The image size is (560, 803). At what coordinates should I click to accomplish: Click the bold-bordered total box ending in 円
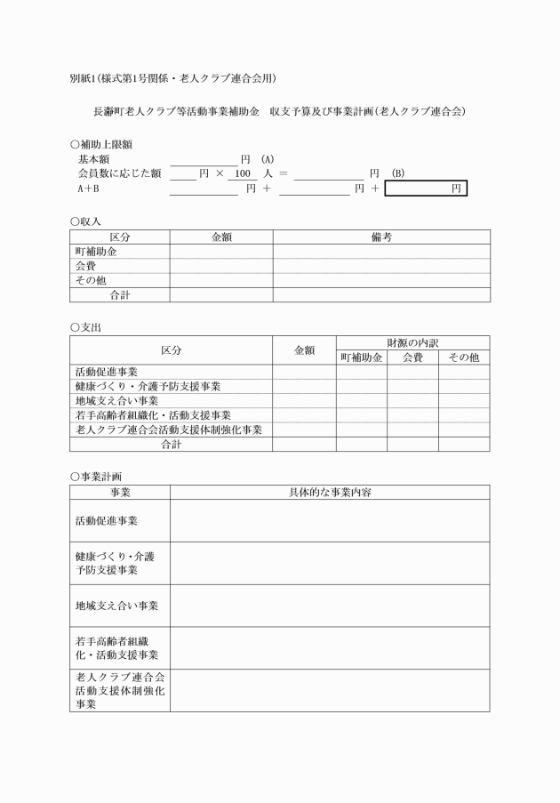pos(426,189)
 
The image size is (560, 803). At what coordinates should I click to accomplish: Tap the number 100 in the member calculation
pos(234,173)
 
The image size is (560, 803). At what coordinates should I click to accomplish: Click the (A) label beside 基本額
pos(268,158)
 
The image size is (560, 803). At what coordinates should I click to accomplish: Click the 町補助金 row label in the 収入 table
pos(96,252)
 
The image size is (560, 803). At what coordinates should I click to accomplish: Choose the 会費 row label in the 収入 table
pos(86,266)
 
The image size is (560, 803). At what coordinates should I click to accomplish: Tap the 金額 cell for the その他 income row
pos(220,281)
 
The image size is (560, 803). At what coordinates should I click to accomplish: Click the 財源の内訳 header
pos(412,342)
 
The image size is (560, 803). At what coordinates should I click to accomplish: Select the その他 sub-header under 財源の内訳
pos(463,357)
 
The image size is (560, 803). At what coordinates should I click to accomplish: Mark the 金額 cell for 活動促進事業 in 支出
pos(304,372)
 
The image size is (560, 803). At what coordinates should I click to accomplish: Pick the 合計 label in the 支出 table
pos(171,445)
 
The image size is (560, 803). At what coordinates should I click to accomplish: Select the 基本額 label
pos(94,158)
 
